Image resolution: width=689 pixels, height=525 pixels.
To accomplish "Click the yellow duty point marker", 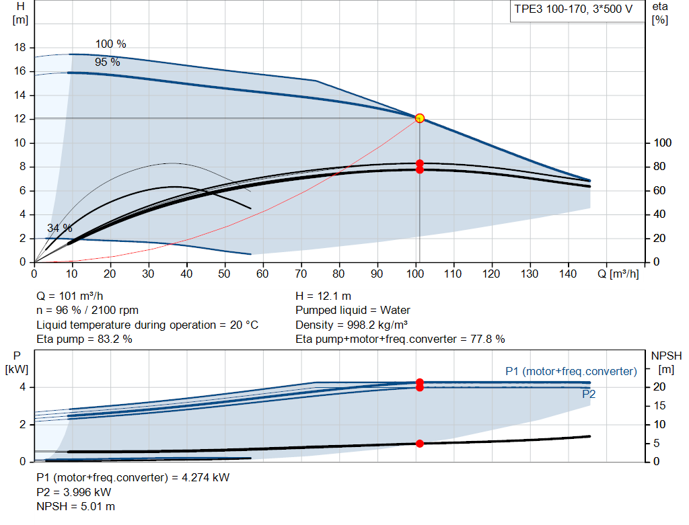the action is click(420, 118).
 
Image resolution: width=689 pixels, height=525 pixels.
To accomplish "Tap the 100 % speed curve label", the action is click(111, 44).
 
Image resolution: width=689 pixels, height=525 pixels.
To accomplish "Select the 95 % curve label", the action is click(108, 62).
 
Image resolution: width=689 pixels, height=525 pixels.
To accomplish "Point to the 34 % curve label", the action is click(60, 228).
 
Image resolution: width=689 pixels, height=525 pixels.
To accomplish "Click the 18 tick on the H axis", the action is click(20, 48).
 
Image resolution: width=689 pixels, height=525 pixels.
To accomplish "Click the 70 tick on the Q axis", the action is click(301, 274).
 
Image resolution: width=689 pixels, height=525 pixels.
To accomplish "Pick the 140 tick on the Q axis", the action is click(568, 274).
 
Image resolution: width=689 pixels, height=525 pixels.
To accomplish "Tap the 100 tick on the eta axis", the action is click(662, 143).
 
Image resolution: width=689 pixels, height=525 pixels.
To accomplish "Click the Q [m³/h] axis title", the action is click(618, 274).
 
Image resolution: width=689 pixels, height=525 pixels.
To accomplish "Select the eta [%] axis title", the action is click(660, 13).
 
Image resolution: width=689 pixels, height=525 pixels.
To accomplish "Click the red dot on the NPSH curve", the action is click(420, 444).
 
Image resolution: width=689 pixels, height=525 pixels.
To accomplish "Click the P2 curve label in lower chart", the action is click(589, 394).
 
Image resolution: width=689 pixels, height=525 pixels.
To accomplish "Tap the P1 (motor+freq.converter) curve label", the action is click(571, 371).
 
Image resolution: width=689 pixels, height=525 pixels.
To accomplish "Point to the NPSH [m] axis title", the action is click(666, 362).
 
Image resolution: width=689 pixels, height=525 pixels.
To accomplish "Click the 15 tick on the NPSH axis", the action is click(659, 405).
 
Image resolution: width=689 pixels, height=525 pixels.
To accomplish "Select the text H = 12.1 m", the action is click(324, 296).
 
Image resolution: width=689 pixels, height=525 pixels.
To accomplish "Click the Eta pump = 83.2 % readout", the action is click(84, 339).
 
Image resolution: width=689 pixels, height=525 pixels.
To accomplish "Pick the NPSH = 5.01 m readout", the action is click(75, 507).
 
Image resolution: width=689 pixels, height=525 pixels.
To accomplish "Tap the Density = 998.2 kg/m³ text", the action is click(351, 325).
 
